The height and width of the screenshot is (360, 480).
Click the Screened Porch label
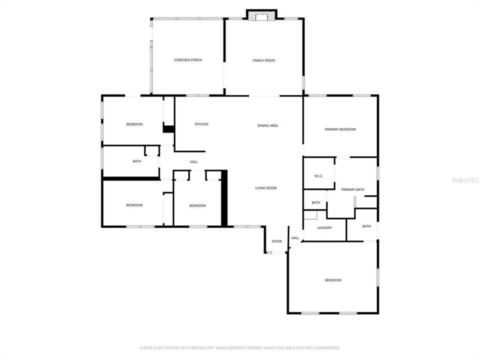point(187,60)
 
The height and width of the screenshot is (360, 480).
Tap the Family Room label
point(263,60)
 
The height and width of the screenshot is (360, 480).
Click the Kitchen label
point(201,124)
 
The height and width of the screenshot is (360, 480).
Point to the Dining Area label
point(267,125)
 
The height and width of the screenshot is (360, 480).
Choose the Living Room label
point(266,188)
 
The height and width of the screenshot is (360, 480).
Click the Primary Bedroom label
point(340,129)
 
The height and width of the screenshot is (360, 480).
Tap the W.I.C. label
point(318,176)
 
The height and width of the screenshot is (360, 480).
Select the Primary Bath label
point(352,189)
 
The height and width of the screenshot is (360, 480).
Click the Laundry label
point(324,228)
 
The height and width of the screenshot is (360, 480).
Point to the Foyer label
point(276,241)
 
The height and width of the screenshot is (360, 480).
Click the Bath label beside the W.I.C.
point(315,202)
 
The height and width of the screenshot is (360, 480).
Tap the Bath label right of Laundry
point(366,226)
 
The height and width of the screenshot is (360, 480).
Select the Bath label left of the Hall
point(137,161)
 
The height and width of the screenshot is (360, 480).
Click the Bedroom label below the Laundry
point(333,280)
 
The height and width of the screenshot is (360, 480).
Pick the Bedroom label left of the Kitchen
point(134,124)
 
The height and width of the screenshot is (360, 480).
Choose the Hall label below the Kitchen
point(194,162)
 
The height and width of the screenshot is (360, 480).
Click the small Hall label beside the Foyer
point(295,238)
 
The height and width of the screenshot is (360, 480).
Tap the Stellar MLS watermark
point(465,179)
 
